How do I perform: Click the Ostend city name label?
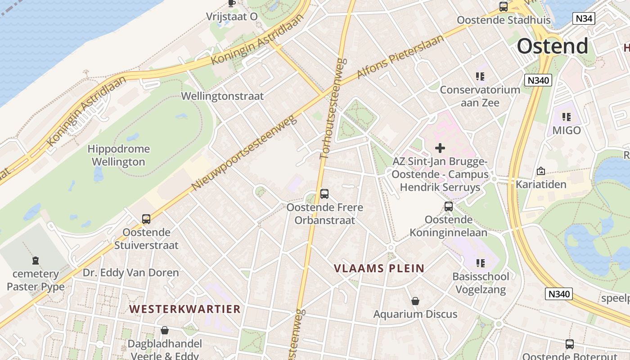tap(552, 46)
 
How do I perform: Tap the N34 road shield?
tap(584, 18)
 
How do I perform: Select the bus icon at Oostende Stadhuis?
tap(504, 7)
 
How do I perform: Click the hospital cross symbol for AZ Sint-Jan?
tap(440, 148)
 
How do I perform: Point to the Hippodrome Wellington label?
tap(119, 155)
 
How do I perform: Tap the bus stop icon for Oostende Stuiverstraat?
tap(146, 219)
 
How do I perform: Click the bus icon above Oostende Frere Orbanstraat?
tap(324, 194)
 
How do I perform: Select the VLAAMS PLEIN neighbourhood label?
tap(379, 268)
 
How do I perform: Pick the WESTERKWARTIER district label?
tap(185, 309)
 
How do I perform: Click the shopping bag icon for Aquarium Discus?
tap(415, 301)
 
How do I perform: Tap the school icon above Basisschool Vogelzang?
tap(481, 263)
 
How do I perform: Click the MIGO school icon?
tap(567, 117)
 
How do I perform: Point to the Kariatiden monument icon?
tap(541, 171)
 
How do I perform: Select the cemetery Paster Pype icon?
tap(36, 260)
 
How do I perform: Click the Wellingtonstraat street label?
tap(222, 96)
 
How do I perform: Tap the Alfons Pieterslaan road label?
tap(400, 57)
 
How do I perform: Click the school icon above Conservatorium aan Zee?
tap(480, 76)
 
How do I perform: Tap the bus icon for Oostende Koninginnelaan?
tap(449, 207)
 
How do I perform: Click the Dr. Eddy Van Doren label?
tap(130, 273)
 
